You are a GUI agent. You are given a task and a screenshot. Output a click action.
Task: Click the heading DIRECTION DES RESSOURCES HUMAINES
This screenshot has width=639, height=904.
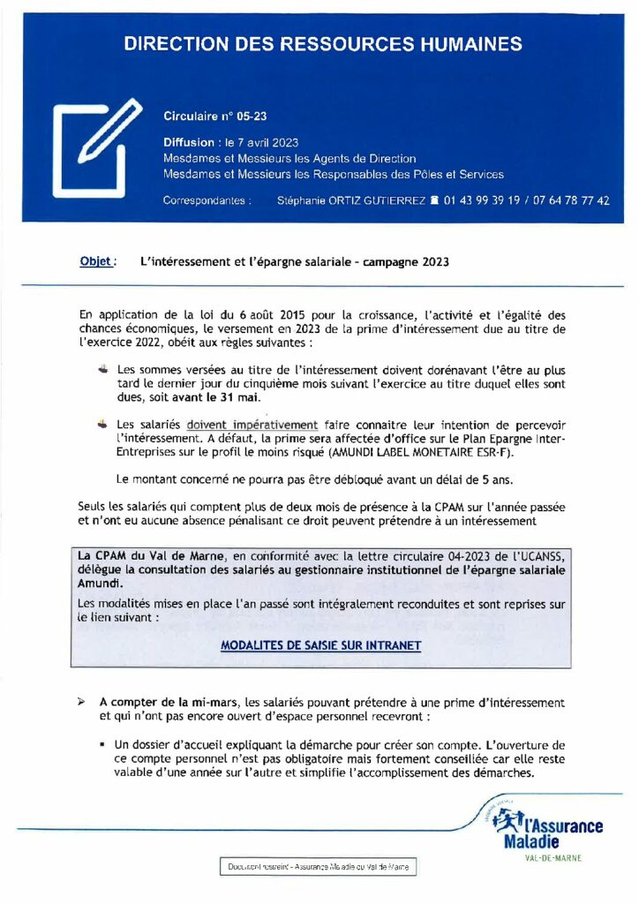[322, 43]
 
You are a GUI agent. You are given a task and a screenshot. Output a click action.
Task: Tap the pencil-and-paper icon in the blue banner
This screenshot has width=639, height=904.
[97, 147]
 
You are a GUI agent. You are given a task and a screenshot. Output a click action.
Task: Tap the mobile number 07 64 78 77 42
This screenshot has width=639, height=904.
[573, 201]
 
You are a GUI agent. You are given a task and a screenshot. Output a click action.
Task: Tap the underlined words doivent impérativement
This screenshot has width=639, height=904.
[252, 425]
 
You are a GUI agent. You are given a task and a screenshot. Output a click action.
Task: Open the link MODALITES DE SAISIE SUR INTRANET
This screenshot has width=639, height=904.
[320, 645]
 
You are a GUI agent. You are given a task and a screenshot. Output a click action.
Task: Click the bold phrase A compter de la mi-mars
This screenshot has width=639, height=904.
[168, 702]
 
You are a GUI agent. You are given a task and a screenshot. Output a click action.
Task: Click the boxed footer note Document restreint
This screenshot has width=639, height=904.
[318, 868]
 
